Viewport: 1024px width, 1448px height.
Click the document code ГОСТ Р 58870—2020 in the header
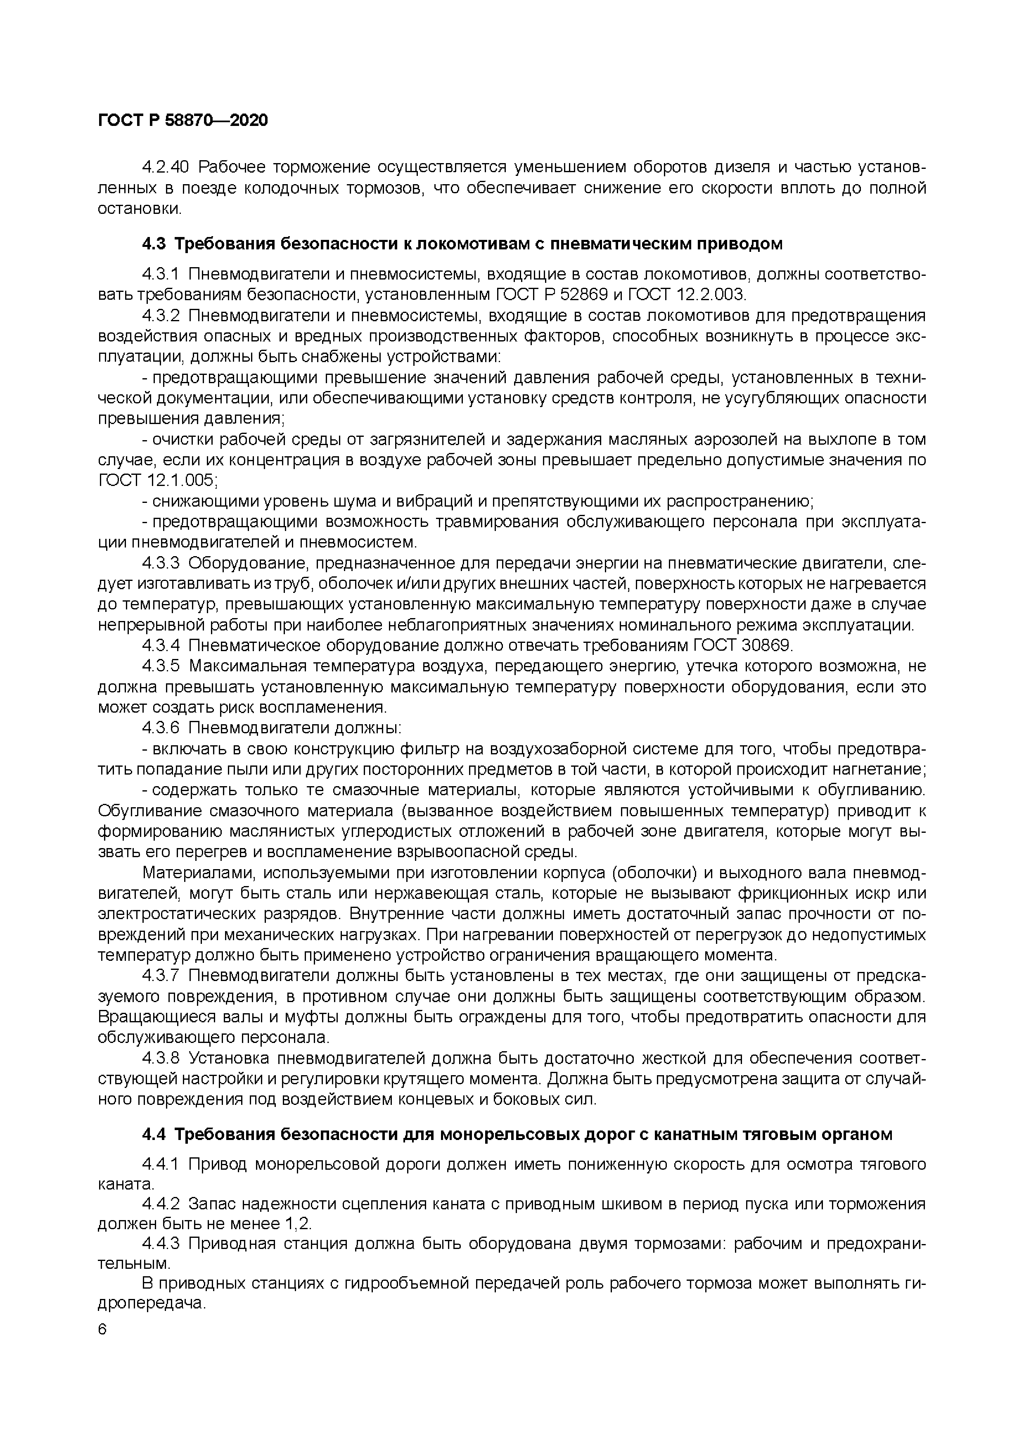point(183,120)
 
